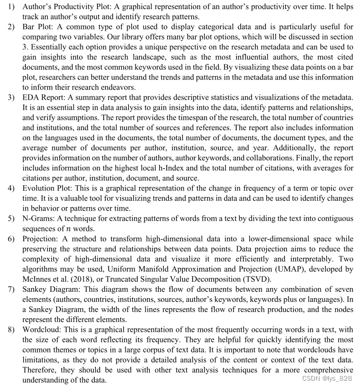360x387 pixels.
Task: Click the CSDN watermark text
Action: pos(322,379)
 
